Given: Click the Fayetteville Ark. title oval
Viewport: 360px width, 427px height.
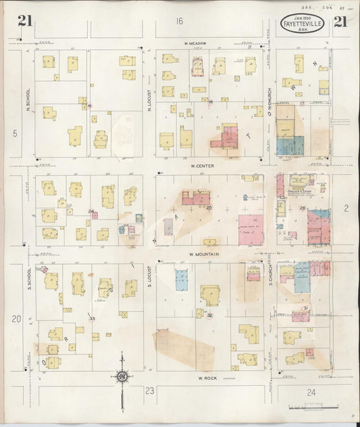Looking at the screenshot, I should (x=302, y=23).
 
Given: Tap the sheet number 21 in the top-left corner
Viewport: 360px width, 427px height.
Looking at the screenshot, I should (x=25, y=21).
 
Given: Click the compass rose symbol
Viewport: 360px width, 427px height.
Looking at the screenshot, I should (x=122, y=376).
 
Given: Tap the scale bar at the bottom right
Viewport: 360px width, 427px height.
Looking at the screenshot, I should (x=312, y=407).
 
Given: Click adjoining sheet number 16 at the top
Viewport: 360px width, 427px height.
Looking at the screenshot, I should (x=180, y=22).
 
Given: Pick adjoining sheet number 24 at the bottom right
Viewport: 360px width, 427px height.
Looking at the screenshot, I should (x=311, y=391).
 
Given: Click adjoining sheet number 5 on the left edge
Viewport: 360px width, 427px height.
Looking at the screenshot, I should (x=14, y=133).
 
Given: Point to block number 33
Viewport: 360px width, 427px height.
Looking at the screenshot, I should (x=92, y=318).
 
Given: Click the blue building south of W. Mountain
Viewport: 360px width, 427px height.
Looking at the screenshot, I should (x=182, y=280).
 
